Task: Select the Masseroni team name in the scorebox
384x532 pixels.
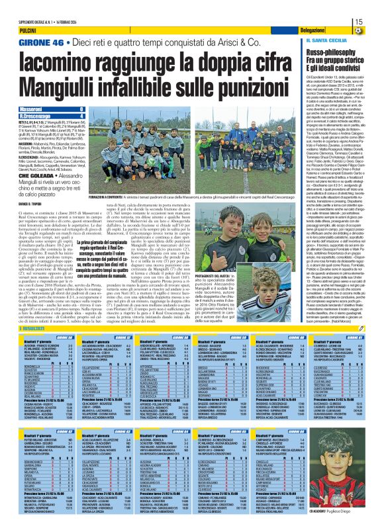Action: point(30,108)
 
